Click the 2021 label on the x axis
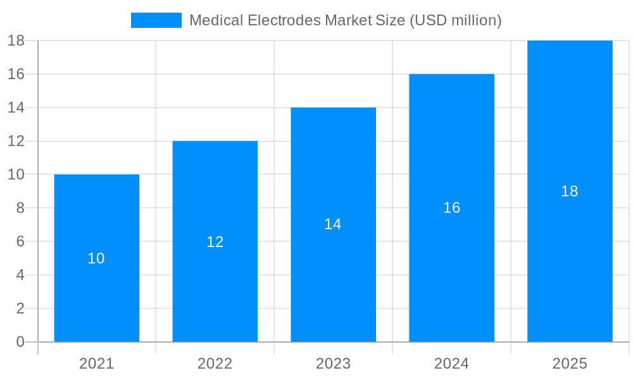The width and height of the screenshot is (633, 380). point(96,364)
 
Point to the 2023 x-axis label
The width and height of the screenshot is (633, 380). point(333,364)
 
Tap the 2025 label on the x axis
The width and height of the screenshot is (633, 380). point(570,364)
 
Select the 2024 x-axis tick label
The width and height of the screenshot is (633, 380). point(451,364)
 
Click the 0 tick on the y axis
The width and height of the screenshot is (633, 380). point(20,342)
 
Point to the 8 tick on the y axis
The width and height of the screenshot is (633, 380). point(20,208)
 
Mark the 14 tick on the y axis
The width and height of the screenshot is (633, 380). point(16,108)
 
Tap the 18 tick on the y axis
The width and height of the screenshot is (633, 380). point(16,41)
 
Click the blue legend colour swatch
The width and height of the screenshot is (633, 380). point(156,20)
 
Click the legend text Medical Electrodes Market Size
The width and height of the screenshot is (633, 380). point(345,20)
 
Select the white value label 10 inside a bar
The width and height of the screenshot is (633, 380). point(96,258)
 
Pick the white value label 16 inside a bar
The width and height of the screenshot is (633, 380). point(451,208)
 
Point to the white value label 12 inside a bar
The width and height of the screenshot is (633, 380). point(215,241)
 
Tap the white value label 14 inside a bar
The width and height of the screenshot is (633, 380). point(333,224)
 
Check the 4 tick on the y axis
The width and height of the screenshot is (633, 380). point(20,275)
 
